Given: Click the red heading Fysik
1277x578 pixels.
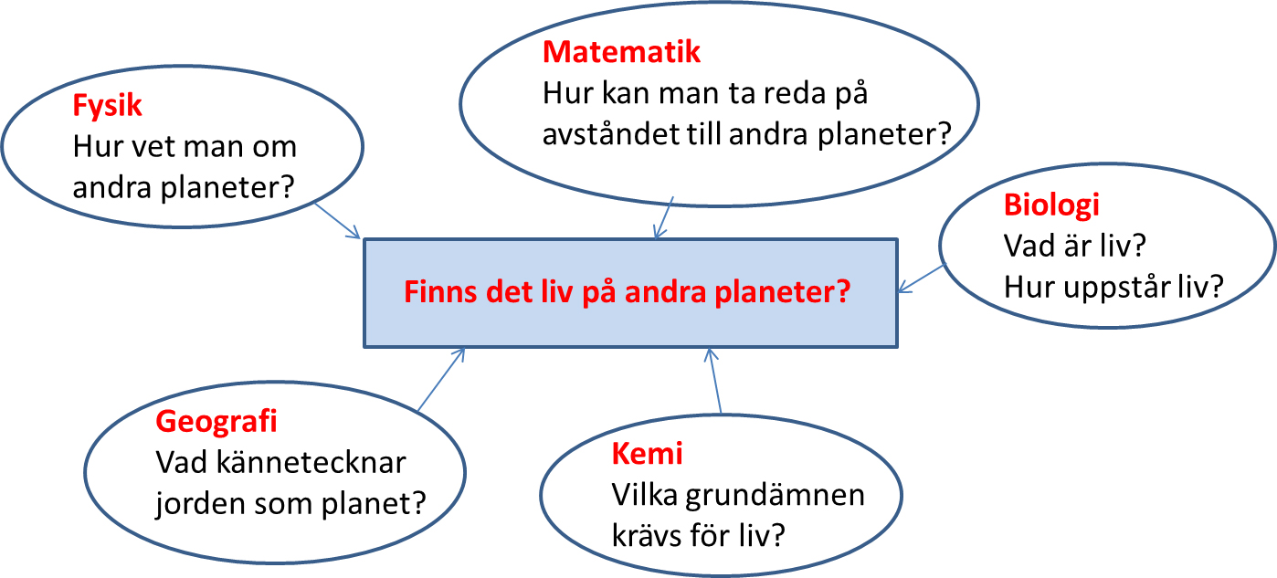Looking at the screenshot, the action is pos(107,106).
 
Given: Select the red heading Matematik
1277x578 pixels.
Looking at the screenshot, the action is pos(621,52).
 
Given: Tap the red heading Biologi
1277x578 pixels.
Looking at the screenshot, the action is pos(1051,205).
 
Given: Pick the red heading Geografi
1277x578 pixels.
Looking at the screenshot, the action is pos(216,423).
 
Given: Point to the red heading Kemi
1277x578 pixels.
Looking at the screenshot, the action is pos(647,454).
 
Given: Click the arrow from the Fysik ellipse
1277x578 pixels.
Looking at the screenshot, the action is pos(337,221).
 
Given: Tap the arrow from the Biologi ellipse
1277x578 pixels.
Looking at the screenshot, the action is pos(921,278).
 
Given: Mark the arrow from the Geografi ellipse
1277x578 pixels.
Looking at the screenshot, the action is pos(441,379).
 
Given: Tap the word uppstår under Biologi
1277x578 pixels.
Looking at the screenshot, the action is pos(1117,288).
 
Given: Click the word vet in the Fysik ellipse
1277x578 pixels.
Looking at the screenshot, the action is pos(153,147).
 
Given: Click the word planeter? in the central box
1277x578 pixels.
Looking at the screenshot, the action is pos(783,293).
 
